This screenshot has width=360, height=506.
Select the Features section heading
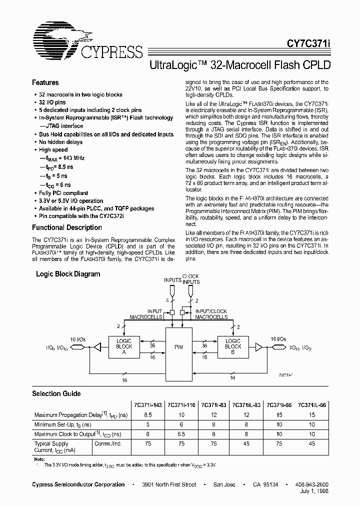45,82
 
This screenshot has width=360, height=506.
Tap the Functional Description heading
67,227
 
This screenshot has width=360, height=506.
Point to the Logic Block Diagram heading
68,274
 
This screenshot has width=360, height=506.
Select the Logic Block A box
124,346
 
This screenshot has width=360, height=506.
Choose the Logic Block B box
233,346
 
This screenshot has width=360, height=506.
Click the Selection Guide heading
56,393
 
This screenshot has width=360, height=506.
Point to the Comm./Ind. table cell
107,443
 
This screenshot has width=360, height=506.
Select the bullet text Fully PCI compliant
63,193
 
